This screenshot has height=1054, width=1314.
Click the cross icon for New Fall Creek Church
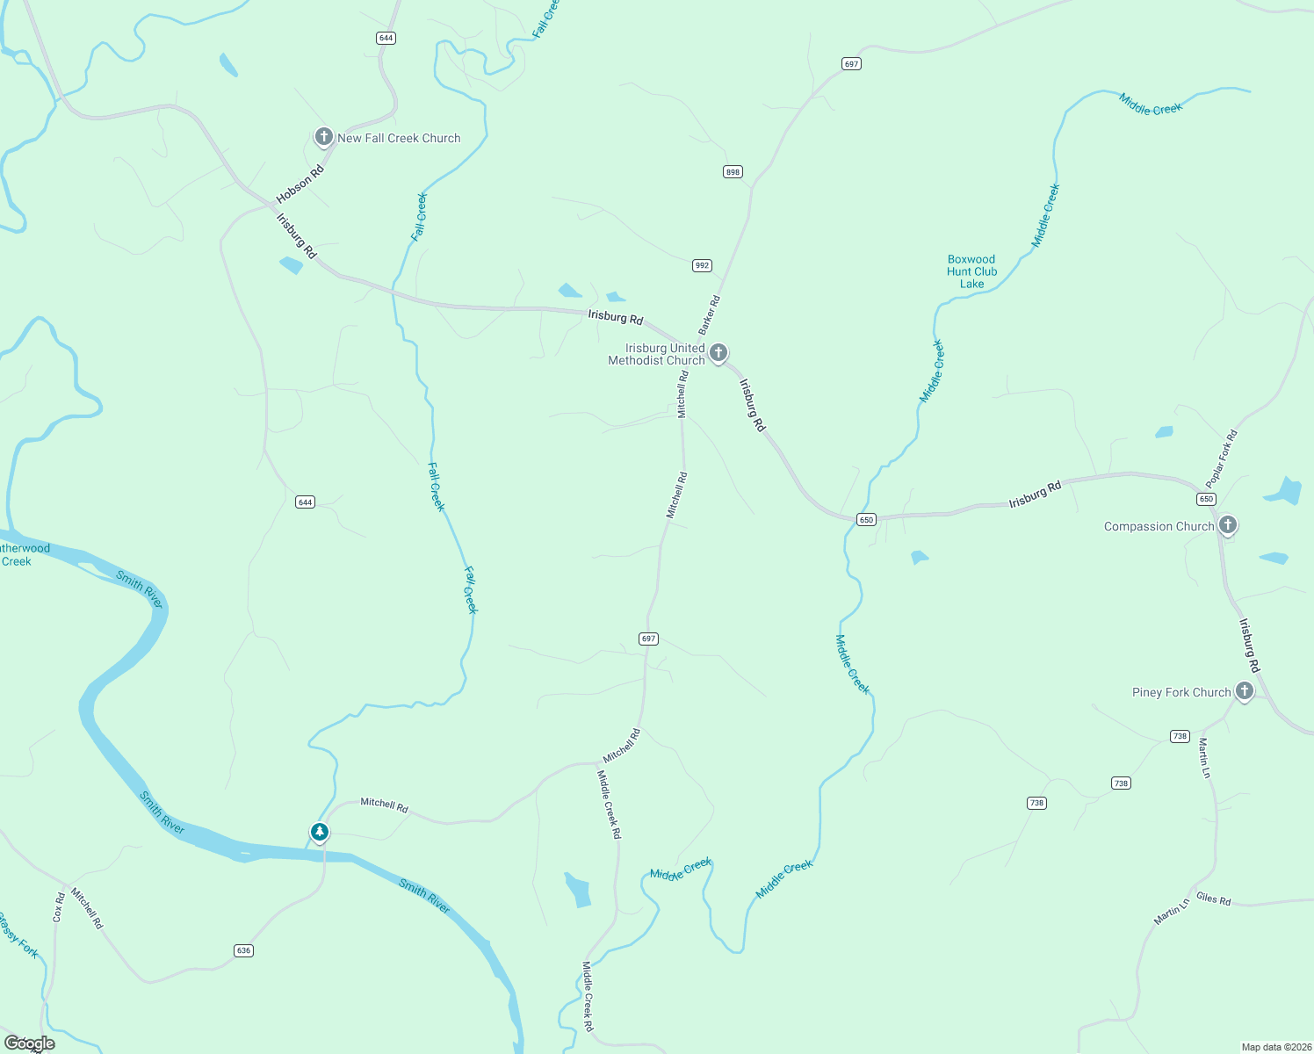tap(323, 136)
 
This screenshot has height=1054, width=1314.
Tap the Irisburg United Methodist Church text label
tap(657, 354)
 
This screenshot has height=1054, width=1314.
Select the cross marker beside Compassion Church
tap(1228, 525)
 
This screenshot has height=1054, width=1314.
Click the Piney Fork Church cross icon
tap(1244, 691)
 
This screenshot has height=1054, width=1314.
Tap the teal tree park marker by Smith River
tap(320, 831)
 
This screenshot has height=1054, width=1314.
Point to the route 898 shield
tap(733, 171)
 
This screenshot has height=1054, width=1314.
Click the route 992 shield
tap(701, 265)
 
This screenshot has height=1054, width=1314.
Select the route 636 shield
tap(243, 950)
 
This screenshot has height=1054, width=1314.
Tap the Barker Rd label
tap(709, 314)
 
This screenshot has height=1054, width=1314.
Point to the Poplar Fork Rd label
tap(1221, 458)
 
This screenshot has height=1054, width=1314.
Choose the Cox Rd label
tap(58, 907)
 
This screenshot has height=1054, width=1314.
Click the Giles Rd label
tap(1213, 899)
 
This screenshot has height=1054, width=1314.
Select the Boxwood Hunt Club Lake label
tap(971, 271)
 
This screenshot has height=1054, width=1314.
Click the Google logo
tap(29, 1043)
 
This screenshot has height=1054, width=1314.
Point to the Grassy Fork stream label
tap(18, 936)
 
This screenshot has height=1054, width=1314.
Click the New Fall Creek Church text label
tap(399, 138)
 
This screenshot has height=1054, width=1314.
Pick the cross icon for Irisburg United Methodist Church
tap(718, 353)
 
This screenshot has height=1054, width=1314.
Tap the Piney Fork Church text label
tap(1181, 692)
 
